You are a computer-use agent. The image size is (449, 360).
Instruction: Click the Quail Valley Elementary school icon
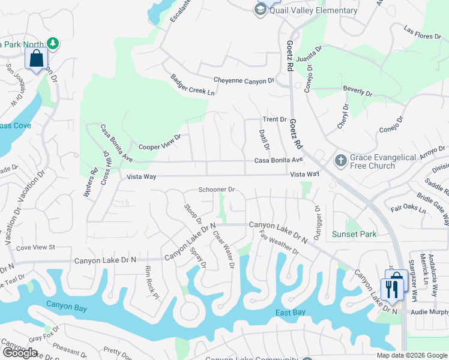[260, 10]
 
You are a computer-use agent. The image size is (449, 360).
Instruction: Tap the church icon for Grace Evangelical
[340, 161]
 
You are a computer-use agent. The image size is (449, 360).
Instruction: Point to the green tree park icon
[53, 43]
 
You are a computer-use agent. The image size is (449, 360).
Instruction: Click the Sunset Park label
[355, 234]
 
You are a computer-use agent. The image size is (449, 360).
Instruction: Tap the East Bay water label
[291, 313]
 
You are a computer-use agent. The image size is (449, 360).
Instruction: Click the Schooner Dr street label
[216, 190]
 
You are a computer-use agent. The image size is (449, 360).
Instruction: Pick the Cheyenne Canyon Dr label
[244, 80]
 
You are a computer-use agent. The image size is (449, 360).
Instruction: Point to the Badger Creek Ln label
[192, 85]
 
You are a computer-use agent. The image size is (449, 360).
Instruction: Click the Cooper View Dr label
[160, 142]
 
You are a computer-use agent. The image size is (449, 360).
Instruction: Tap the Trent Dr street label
[274, 119]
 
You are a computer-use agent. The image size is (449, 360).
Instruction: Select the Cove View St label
[35, 247]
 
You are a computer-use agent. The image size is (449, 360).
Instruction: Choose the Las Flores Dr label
[423, 32]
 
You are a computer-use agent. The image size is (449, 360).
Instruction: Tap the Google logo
[19, 353]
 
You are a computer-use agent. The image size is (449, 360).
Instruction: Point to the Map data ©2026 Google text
[411, 355]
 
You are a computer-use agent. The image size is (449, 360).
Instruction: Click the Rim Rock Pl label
[151, 283]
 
